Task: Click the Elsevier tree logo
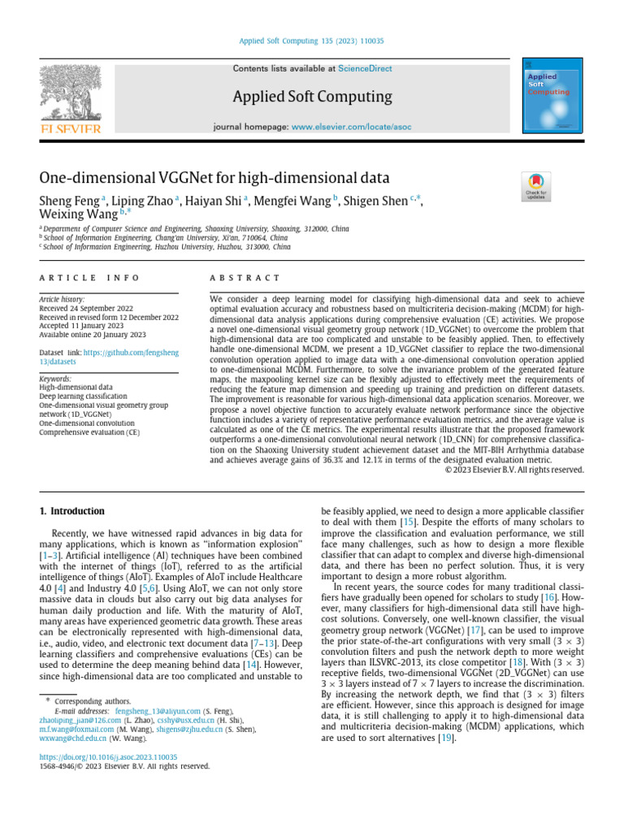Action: (x=68, y=97)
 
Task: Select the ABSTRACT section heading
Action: (x=245, y=279)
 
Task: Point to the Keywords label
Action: (x=56, y=379)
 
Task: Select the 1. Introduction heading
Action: (x=72, y=511)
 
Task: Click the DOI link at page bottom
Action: (x=108, y=756)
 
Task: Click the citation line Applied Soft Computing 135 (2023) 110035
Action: (x=311, y=41)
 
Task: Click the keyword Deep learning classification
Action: (x=84, y=396)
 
